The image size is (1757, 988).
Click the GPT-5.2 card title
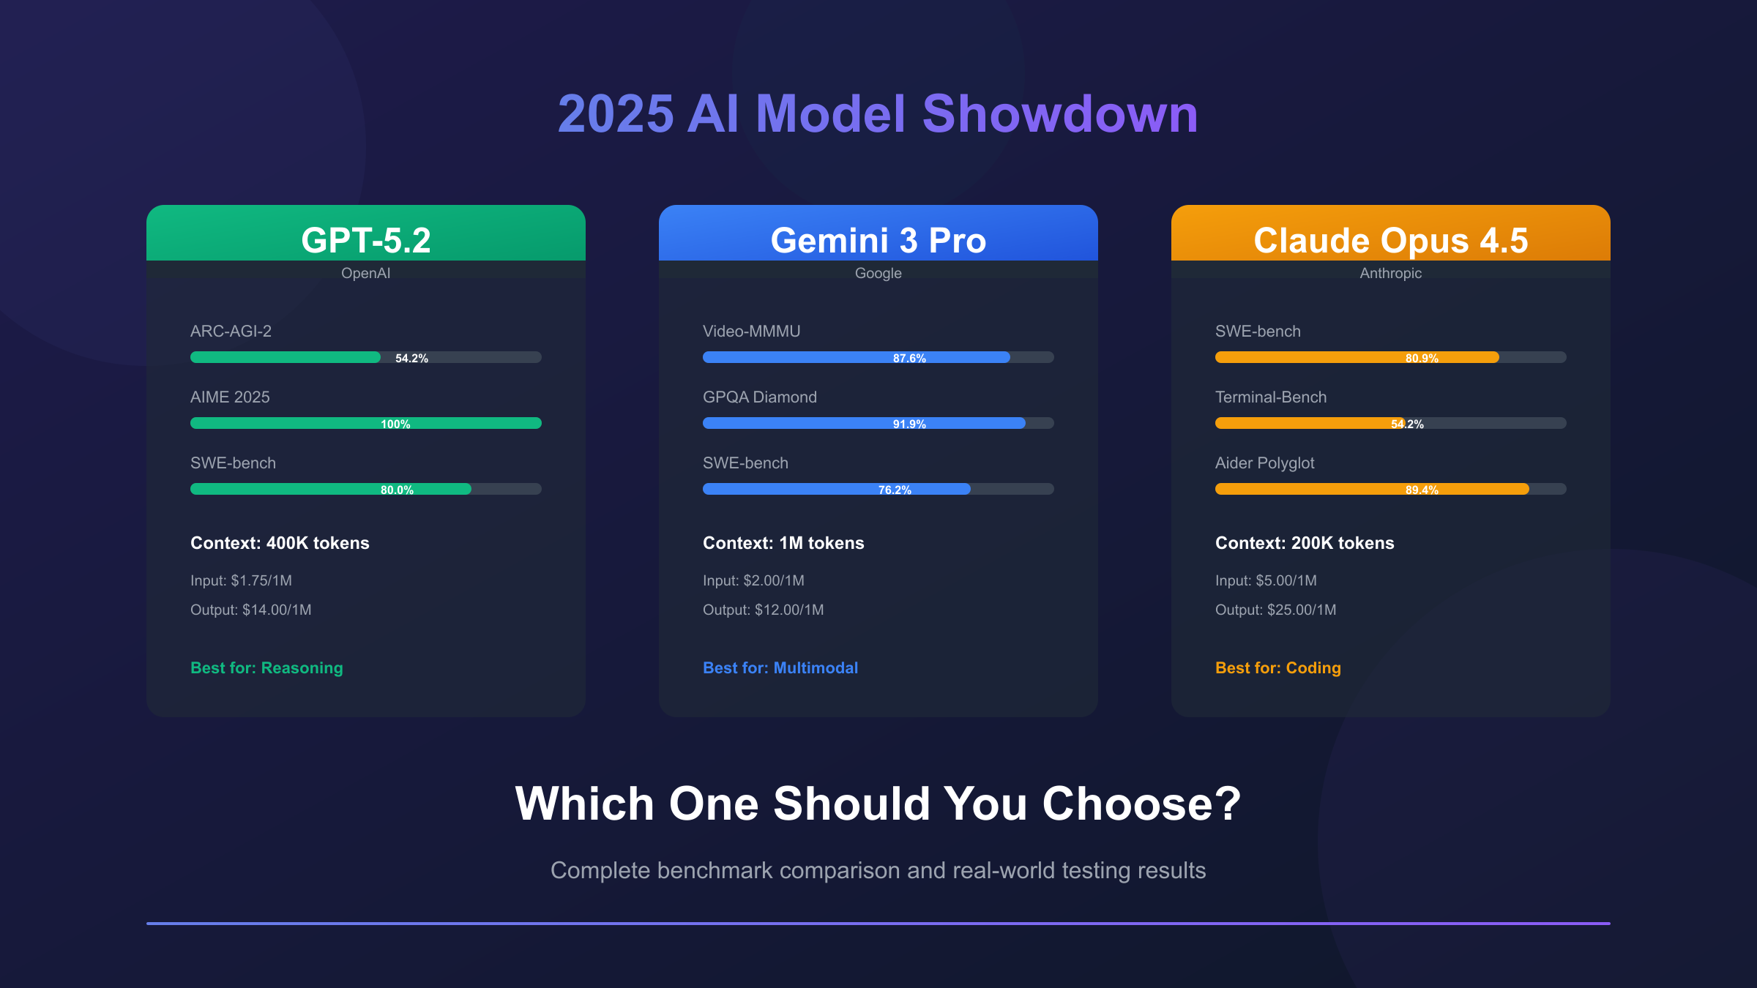coord(366,240)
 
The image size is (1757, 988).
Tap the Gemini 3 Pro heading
coord(878,240)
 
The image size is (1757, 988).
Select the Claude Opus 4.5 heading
coord(1391,240)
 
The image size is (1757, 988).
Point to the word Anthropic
coord(1391,273)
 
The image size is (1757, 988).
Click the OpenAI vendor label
coord(366,273)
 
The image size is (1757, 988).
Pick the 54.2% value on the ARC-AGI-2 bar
coord(411,358)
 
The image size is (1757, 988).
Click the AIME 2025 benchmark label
coord(230,397)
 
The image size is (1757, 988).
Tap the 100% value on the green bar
coord(395,424)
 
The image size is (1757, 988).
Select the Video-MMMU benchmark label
coord(751,331)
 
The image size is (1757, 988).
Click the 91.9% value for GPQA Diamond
coord(909,424)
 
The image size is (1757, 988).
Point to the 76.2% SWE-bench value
coord(895,490)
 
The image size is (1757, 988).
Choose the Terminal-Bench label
coord(1271,397)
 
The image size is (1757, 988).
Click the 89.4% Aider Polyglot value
coord(1422,490)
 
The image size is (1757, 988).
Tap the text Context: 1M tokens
coord(783,543)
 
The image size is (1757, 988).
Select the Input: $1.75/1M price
coord(241,580)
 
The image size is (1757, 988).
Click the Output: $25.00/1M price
coord(1275,610)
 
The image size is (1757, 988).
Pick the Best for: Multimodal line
coord(780,667)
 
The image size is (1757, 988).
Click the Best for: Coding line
coord(1278,667)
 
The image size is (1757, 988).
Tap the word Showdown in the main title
coord(1059,114)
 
